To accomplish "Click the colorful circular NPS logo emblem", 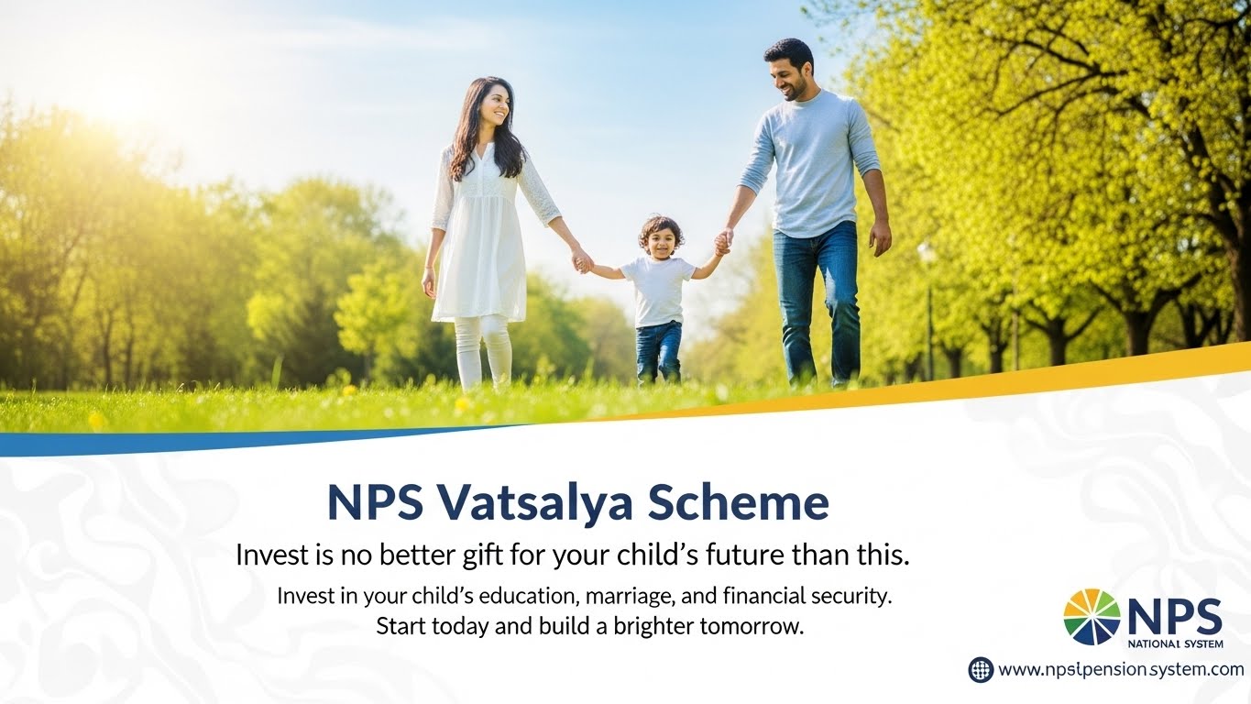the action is [x=1092, y=617].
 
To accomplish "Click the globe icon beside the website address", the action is [x=981, y=669].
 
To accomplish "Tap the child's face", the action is [x=661, y=240].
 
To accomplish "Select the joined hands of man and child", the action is [x=723, y=241].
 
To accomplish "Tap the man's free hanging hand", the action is [x=880, y=237].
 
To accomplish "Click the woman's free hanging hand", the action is [x=428, y=283].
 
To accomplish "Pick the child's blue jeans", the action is [x=659, y=352].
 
